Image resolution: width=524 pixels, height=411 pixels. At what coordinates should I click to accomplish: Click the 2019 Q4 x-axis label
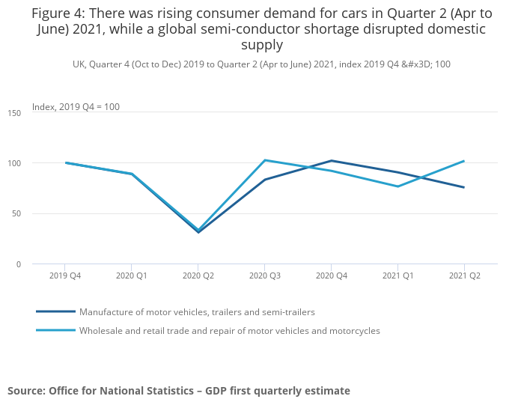(65, 275)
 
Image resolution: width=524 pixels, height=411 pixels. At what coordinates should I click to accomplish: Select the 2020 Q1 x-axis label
(132, 275)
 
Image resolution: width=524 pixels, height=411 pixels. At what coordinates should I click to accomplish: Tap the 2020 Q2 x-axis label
(198, 275)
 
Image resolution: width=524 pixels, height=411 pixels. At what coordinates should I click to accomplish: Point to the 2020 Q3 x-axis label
(264, 275)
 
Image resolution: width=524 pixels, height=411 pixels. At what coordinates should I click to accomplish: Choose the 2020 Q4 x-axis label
(331, 275)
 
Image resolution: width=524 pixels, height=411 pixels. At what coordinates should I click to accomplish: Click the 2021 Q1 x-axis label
(397, 275)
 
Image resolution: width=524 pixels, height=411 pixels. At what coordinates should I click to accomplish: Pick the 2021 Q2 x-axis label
(464, 275)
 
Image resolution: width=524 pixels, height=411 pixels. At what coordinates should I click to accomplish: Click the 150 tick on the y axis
(15, 112)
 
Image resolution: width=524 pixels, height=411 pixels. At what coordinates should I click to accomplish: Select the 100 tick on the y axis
(15, 163)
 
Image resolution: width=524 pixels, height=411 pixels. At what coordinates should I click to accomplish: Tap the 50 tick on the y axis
(17, 213)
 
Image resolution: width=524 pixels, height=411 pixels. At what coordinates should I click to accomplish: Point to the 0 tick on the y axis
(19, 264)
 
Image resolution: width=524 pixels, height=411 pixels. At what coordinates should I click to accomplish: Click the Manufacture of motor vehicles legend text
(197, 311)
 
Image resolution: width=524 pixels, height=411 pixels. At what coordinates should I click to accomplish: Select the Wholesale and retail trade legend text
(230, 330)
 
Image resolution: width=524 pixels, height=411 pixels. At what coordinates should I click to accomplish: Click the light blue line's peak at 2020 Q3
(264, 160)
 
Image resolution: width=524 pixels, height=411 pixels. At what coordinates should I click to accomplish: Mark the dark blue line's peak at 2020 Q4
(331, 160)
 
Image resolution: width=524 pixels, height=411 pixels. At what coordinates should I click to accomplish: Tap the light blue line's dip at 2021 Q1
(397, 186)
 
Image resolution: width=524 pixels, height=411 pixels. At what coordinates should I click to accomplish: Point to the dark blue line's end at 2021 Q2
(464, 187)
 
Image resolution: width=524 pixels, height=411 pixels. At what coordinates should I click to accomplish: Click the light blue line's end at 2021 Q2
(464, 161)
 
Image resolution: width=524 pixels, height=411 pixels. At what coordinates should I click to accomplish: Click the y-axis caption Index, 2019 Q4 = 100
(76, 107)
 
